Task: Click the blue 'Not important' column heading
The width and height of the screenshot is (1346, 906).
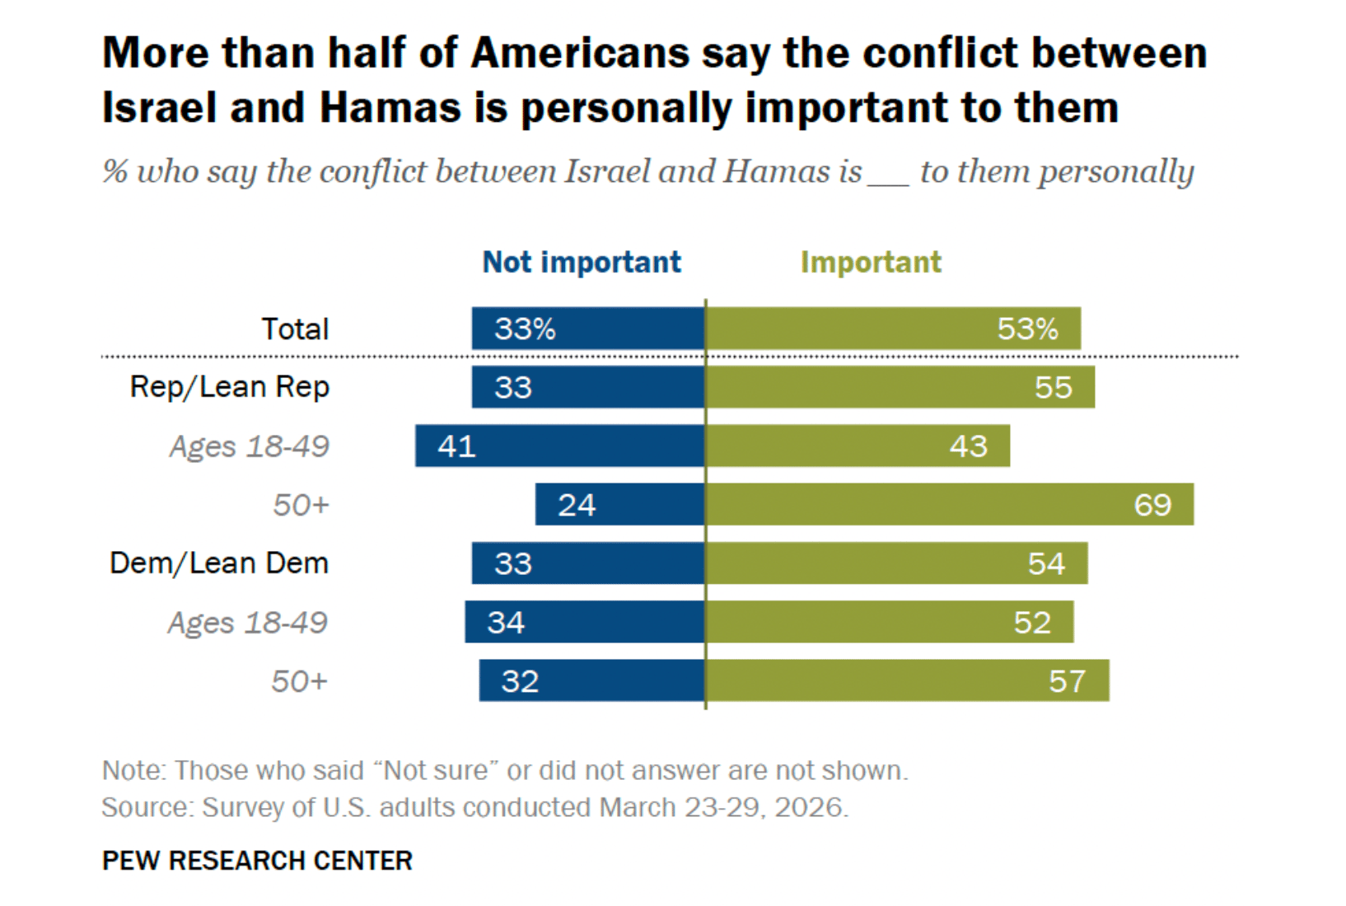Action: point(582,262)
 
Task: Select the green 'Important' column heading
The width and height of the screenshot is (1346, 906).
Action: point(871,262)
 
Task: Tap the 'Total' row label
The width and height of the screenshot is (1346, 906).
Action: point(295,329)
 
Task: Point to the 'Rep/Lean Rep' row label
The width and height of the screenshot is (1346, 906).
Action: point(229,386)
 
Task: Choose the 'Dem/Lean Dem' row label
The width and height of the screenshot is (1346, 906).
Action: point(219,563)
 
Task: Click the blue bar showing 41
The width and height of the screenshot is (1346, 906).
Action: point(560,446)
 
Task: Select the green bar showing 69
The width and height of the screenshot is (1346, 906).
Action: point(949,504)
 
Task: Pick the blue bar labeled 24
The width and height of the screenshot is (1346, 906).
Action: point(619,504)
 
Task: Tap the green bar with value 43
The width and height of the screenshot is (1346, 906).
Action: point(858,446)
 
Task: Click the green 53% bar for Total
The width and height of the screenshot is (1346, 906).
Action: point(893,329)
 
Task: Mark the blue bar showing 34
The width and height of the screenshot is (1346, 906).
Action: point(585,622)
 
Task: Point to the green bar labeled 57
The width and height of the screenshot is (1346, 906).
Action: point(907,680)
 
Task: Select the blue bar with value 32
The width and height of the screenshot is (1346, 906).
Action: point(592,680)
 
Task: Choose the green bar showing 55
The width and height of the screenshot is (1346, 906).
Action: point(900,387)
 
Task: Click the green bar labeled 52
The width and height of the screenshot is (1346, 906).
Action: point(890,622)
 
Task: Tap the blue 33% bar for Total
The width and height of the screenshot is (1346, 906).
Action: point(588,329)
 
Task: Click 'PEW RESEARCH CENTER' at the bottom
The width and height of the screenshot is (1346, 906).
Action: point(257,861)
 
